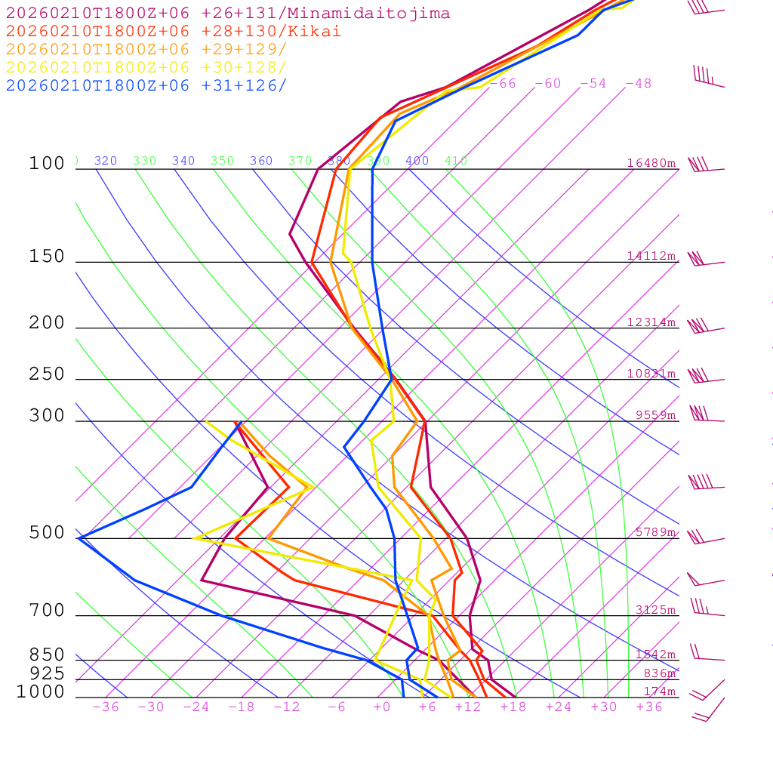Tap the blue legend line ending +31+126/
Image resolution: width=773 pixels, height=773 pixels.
[146, 85]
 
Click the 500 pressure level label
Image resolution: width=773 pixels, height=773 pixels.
[47, 533]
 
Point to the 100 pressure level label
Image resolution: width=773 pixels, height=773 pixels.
[47, 164]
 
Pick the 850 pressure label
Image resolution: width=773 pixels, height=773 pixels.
[47, 654]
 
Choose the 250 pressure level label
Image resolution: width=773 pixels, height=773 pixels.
[47, 374]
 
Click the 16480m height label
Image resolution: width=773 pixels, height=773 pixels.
[651, 163]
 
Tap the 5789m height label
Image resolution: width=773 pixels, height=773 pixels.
[655, 532]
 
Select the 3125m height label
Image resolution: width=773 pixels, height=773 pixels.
[655, 610]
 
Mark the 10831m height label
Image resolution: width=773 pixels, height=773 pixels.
[651, 374]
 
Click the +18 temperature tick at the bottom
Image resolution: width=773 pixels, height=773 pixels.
[513, 707]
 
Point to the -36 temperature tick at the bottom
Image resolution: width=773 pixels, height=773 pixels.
[105, 707]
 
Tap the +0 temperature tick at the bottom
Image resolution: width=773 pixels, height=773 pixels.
[381, 707]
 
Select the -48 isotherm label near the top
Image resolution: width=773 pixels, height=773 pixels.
[638, 84]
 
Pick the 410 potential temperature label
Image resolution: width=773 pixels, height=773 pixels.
[456, 161]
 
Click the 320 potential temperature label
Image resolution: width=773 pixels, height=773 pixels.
[106, 161]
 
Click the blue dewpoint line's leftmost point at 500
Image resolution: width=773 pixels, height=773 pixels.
[79, 537]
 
